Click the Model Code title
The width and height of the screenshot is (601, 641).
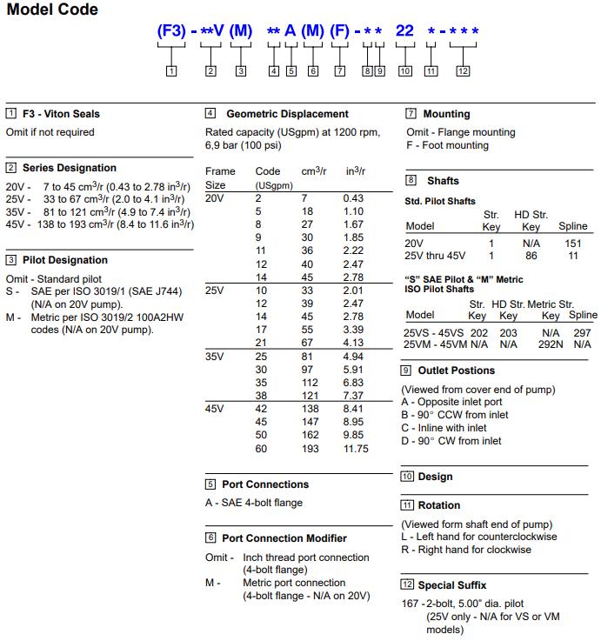[x=52, y=10]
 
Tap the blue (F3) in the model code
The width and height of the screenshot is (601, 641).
[x=171, y=31]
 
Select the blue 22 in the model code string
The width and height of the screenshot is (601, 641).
[x=404, y=31]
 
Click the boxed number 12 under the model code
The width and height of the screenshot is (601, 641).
[x=463, y=70]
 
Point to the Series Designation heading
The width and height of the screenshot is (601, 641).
[x=69, y=168]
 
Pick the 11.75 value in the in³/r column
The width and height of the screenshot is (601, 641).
[x=357, y=449]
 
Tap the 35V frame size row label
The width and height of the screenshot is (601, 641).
[x=215, y=357]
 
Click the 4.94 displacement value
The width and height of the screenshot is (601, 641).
[x=353, y=357]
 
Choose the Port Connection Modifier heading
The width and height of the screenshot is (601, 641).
[x=284, y=538]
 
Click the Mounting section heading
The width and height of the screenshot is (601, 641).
[x=446, y=114]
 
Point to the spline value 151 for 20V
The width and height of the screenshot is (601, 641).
[x=573, y=244]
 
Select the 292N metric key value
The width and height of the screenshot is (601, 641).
[x=551, y=344]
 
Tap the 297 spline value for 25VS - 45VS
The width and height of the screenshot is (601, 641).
[x=583, y=332]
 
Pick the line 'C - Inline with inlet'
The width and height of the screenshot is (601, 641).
[x=444, y=428]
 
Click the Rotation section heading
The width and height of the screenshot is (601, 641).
[x=438, y=505]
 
